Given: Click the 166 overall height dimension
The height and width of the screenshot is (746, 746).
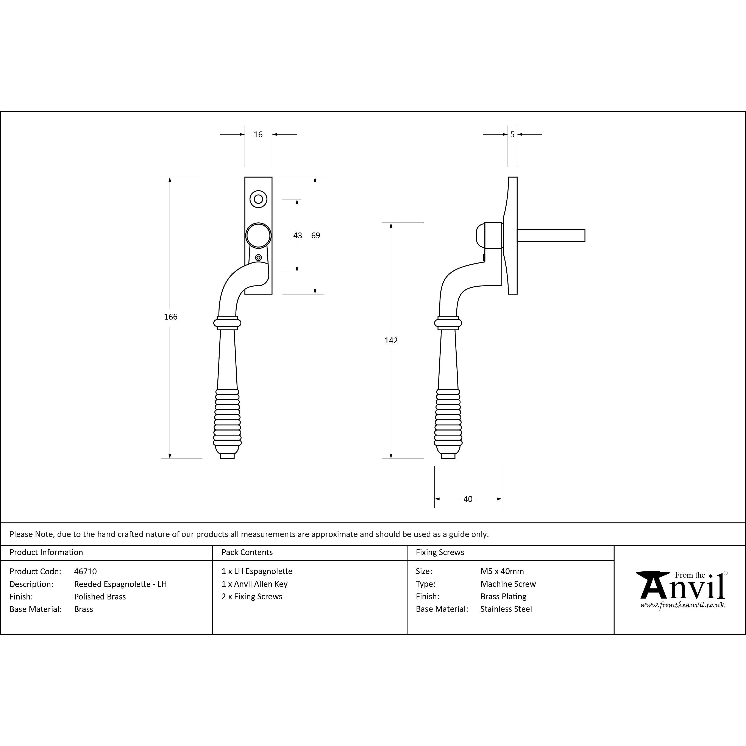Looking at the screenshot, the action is (x=171, y=317).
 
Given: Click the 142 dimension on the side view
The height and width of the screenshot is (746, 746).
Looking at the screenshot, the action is (x=391, y=340).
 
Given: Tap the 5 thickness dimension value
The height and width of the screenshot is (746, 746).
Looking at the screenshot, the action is (x=512, y=134).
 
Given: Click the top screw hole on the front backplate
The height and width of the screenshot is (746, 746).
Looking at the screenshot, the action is (x=258, y=199).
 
